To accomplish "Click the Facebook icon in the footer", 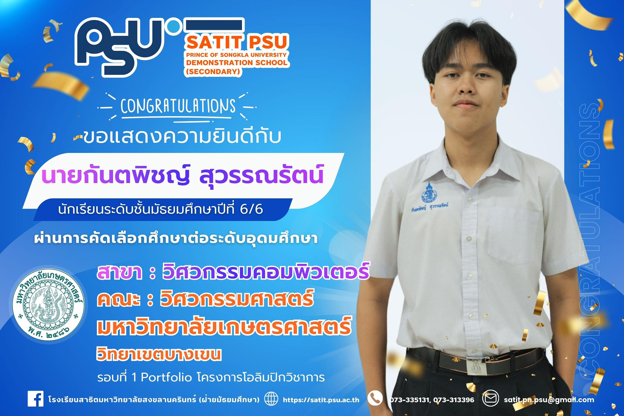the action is pyautogui.click(x=35, y=399).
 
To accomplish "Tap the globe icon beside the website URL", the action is pyautogui.click(x=271, y=399).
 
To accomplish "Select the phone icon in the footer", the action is pyautogui.click(x=375, y=399).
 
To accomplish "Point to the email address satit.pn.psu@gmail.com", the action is pyautogui.click(x=549, y=400).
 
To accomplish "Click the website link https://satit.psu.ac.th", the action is pyautogui.click(x=321, y=400).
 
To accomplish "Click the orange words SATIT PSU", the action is pyautogui.click(x=237, y=42).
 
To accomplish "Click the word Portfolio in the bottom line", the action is pyautogui.click(x=166, y=378).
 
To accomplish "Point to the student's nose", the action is pyautogui.click(x=465, y=85).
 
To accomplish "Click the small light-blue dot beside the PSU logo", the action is pyautogui.click(x=173, y=26).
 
